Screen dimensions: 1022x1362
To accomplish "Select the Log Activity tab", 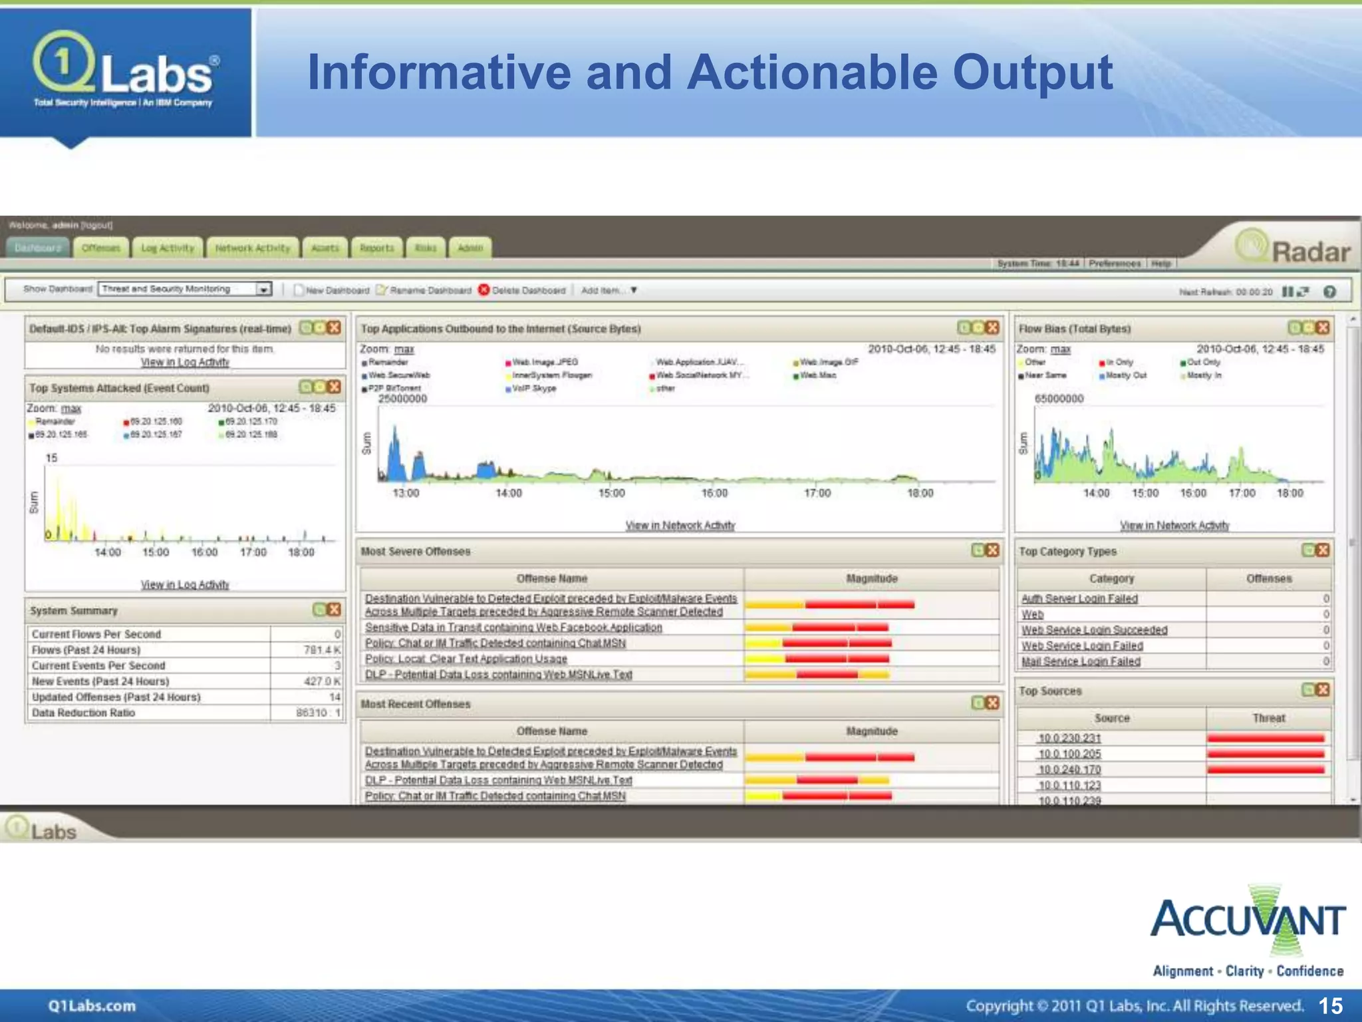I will tap(168, 248).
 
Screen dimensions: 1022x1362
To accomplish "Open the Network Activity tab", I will tap(253, 248).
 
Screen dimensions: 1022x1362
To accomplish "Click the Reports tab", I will tap(377, 248).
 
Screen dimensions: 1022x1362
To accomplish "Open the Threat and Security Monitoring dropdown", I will tap(264, 289).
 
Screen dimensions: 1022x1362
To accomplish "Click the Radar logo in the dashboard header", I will tap(1294, 250).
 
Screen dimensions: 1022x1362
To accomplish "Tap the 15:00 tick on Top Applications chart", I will tap(611, 493).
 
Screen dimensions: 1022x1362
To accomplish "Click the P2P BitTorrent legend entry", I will tap(394, 388).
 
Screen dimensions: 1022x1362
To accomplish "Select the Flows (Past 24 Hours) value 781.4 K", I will tap(322, 650).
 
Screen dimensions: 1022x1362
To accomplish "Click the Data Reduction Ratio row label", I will tap(83, 713).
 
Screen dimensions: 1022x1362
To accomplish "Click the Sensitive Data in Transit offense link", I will tap(513, 627).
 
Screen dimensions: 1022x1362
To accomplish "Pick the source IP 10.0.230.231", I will tap(1069, 738).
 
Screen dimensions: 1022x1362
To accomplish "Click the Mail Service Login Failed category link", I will tap(1081, 661).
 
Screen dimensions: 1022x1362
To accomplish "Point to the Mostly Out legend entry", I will tap(1126, 375).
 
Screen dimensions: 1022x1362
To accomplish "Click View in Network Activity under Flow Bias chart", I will tap(1174, 526).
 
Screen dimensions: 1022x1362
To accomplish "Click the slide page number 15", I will tap(1330, 1006).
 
